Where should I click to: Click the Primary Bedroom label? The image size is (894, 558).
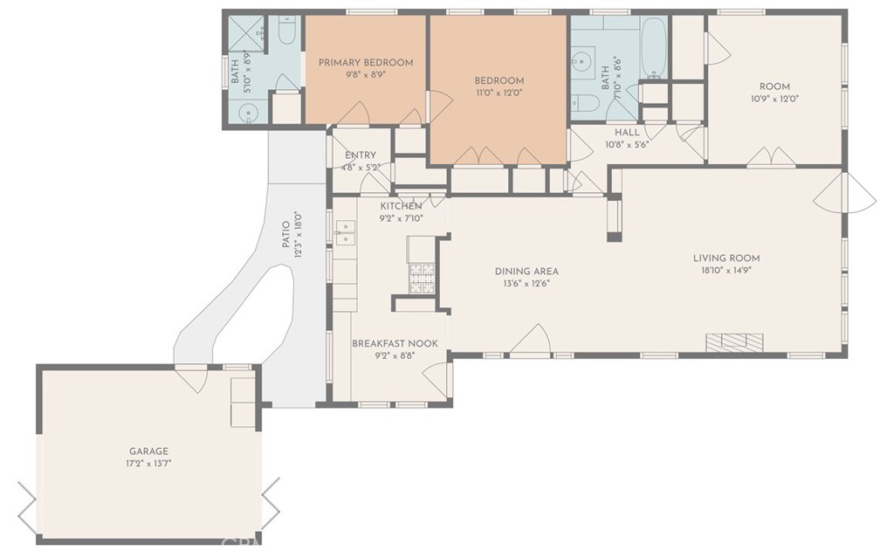click(x=366, y=63)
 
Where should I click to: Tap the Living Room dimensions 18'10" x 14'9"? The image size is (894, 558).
click(x=726, y=271)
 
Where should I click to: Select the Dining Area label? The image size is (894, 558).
click(x=526, y=272)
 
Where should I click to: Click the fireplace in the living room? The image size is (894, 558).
click(x=734, y=342)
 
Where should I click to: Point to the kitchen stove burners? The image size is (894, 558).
click(x=422, y=279)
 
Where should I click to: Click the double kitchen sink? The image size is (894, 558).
click(x=345, y=233)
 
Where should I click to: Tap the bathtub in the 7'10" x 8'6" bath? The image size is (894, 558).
click(x=653, y=47)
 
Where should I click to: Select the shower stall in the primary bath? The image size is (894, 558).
click(x=246, y=34)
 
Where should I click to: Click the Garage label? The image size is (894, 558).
click(x=148, y=451)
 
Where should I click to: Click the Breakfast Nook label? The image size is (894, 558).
click(x=395, y=343)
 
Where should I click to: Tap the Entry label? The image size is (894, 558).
click(x=361, y=155)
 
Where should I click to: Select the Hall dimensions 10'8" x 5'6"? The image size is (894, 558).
click(x=627, y=145)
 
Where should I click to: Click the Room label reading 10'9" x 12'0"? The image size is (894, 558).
click(x=774, y=86)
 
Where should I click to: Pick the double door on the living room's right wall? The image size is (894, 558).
click(x=845, y=192)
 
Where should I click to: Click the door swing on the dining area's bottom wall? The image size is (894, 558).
click(x=530, y=340)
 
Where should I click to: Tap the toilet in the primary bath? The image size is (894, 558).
click(x=285, y=31)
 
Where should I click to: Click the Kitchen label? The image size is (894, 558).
click(x=401, y=206)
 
